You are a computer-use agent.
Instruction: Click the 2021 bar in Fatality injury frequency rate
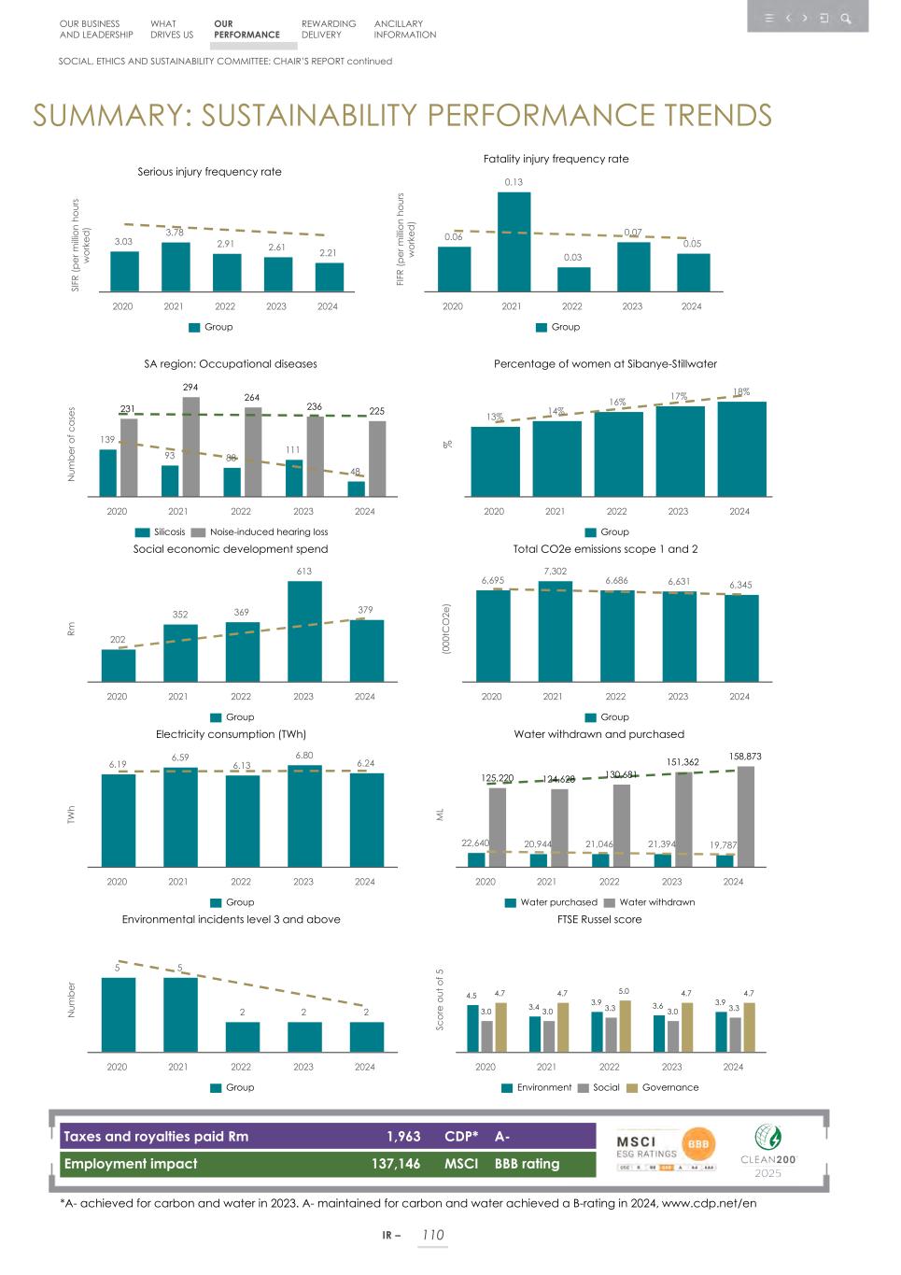514,242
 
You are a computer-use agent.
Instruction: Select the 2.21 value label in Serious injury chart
328,253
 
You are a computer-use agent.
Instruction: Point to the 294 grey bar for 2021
190,446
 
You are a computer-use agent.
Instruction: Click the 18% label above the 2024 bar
740,392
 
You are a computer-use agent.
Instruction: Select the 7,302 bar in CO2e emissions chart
555,631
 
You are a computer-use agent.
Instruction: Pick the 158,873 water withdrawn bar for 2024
745,816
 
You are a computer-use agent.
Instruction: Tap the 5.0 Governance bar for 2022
625,1026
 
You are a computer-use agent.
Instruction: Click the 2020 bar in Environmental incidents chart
118,1014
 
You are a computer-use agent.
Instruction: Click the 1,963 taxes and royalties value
403,1137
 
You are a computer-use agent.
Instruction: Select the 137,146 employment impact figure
396,1164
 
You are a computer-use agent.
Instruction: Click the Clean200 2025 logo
767,1151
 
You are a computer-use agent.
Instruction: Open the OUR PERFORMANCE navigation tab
246,30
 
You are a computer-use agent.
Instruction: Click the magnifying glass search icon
846,18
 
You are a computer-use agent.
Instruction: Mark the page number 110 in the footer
432,1235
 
